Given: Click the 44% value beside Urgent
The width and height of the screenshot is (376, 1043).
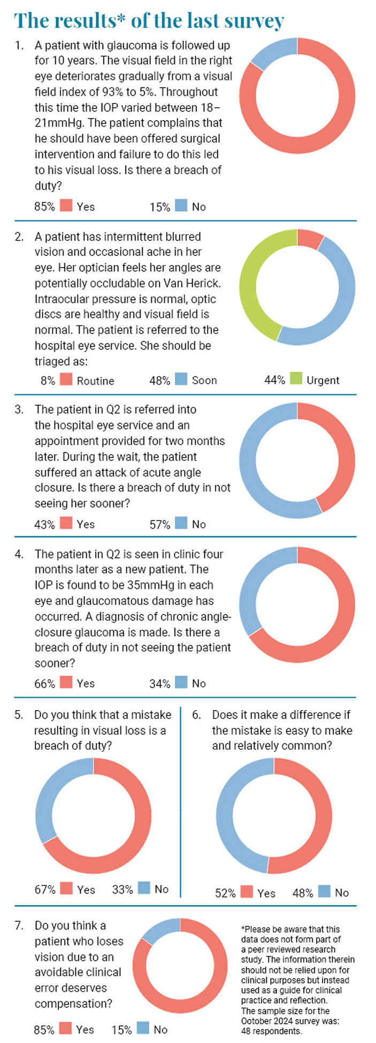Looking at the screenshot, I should click(274, 380).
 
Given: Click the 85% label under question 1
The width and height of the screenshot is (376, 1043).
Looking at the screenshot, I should click(44, 206).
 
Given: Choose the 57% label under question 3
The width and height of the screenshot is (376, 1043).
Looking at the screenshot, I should click(160, 525).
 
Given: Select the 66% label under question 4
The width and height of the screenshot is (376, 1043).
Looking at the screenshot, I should click(44, 683).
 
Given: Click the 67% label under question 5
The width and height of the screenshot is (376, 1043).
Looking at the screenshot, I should click(45, 890).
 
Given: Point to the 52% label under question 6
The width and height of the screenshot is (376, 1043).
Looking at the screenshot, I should click(225, 893).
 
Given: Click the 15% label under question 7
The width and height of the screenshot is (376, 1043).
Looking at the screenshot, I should click(122, 1030).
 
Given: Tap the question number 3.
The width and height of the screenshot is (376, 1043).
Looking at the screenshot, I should click(19, 410).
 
